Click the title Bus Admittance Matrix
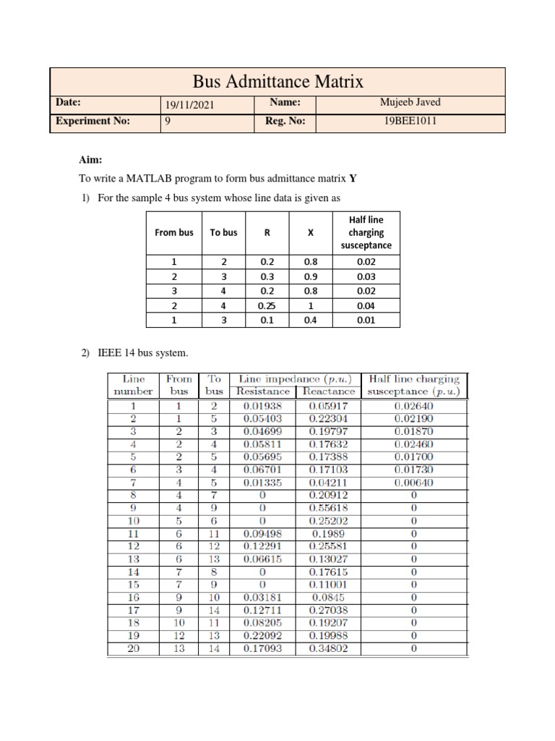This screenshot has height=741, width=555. click(277, 80)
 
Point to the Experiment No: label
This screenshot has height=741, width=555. click(92, 122)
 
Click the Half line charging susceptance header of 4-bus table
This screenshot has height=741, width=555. click(366, 232)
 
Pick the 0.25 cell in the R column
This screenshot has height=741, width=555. click(267, 306)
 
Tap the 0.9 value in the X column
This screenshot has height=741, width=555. click(311, 277)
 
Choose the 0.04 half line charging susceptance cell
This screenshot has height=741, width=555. click(366, 306)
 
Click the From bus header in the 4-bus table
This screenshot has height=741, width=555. click(174, 232)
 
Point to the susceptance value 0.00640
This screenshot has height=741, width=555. click(413, 483)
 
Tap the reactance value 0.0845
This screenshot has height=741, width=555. click(327, 598)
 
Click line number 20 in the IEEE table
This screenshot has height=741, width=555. click(133, 649)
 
